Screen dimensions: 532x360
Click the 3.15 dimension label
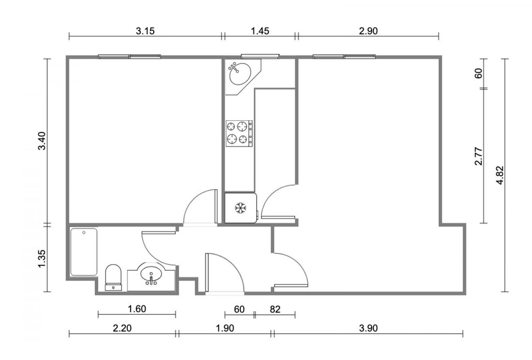[x=145, y=31]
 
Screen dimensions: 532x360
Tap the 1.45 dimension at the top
[x=260, y=31]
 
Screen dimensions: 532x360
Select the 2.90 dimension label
[x=368, y=31]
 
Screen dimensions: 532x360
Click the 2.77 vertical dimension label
[x=479, y=156]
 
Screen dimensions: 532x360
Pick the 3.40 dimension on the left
[x=42, y=141]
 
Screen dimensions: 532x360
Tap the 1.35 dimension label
[x=42, y=259]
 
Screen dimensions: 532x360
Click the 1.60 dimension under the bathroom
[x=137, y=308]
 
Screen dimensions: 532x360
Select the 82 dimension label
[x=275, y=309]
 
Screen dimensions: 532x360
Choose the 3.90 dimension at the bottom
[x=368, y=328]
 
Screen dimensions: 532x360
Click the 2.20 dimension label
[x=122, y=328]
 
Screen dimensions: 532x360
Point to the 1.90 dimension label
[x=225, y=328]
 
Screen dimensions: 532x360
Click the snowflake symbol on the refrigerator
[x=241, y=208]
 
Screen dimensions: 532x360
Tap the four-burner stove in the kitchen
[x=239, y=133]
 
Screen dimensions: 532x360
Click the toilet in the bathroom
[x=113, y=277]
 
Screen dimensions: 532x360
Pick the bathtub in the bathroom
[x=84, y=252]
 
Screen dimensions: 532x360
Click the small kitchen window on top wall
[x=260, y=56]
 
